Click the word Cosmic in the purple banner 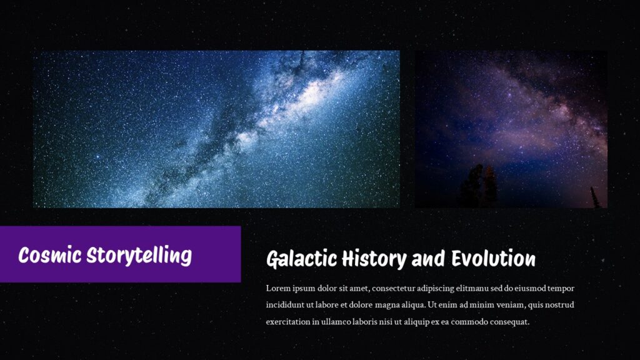click(50, 255)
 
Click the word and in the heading click(429, 259)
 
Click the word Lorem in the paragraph click(277, 288)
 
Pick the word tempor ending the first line click(561, 288)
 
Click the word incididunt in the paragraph click(284, 305)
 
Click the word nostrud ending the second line click(559, 305)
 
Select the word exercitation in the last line click(287, 322)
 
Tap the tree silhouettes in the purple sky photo click(480, 186)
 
